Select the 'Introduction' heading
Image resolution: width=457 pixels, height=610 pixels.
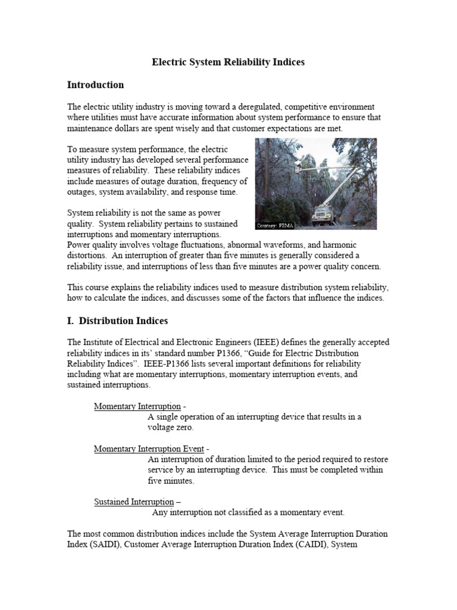95,85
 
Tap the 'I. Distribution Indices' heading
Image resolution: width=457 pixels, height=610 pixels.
117,320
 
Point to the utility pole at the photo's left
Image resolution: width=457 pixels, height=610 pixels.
265,179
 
